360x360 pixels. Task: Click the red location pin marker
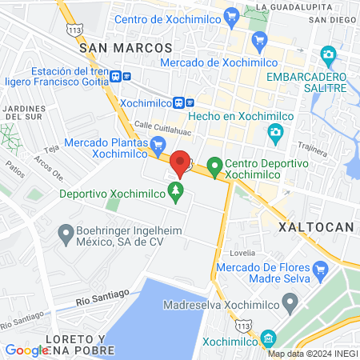point(181,164)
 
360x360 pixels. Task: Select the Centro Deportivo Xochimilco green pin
point(214,167)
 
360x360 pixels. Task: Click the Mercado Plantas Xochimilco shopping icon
point(158,144)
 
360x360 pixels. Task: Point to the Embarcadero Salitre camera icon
point(327,55)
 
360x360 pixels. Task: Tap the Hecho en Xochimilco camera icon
point(275,130)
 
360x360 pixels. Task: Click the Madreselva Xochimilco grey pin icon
point(290,303)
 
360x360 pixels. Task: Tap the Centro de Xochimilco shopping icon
point(232,15)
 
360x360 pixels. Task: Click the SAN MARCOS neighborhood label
point(126,48)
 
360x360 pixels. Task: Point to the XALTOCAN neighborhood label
point(315,227)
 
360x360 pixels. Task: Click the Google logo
point(26,350)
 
